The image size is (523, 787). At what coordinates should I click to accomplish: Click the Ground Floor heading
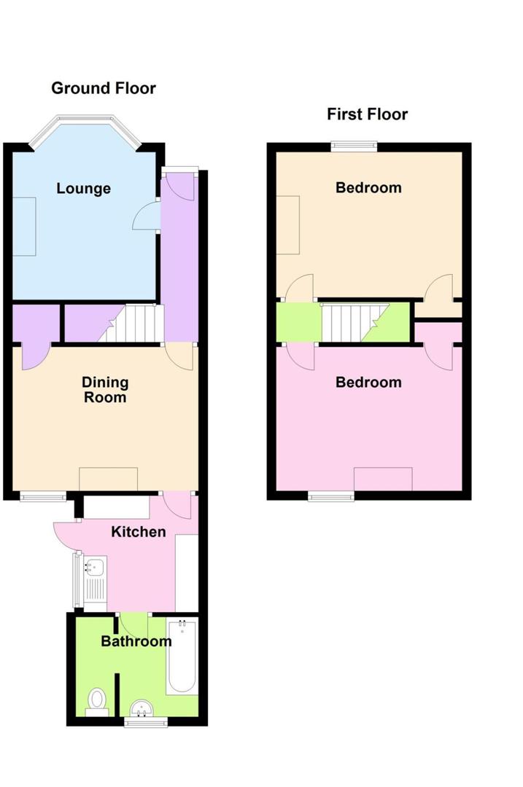103,88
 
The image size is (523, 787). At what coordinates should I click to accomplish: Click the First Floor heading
367,114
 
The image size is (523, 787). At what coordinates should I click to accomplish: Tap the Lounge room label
84,189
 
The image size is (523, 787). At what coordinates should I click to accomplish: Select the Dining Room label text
104,390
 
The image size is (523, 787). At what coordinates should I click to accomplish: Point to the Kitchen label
138,532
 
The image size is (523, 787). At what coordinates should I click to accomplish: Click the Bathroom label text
136,641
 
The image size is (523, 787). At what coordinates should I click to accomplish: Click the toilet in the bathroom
96,701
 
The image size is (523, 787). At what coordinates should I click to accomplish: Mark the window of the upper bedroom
355,146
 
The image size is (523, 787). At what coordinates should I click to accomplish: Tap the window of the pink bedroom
331,497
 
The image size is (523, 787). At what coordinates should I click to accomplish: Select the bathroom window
145,721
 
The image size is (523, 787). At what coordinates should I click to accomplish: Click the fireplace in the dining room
108,479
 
